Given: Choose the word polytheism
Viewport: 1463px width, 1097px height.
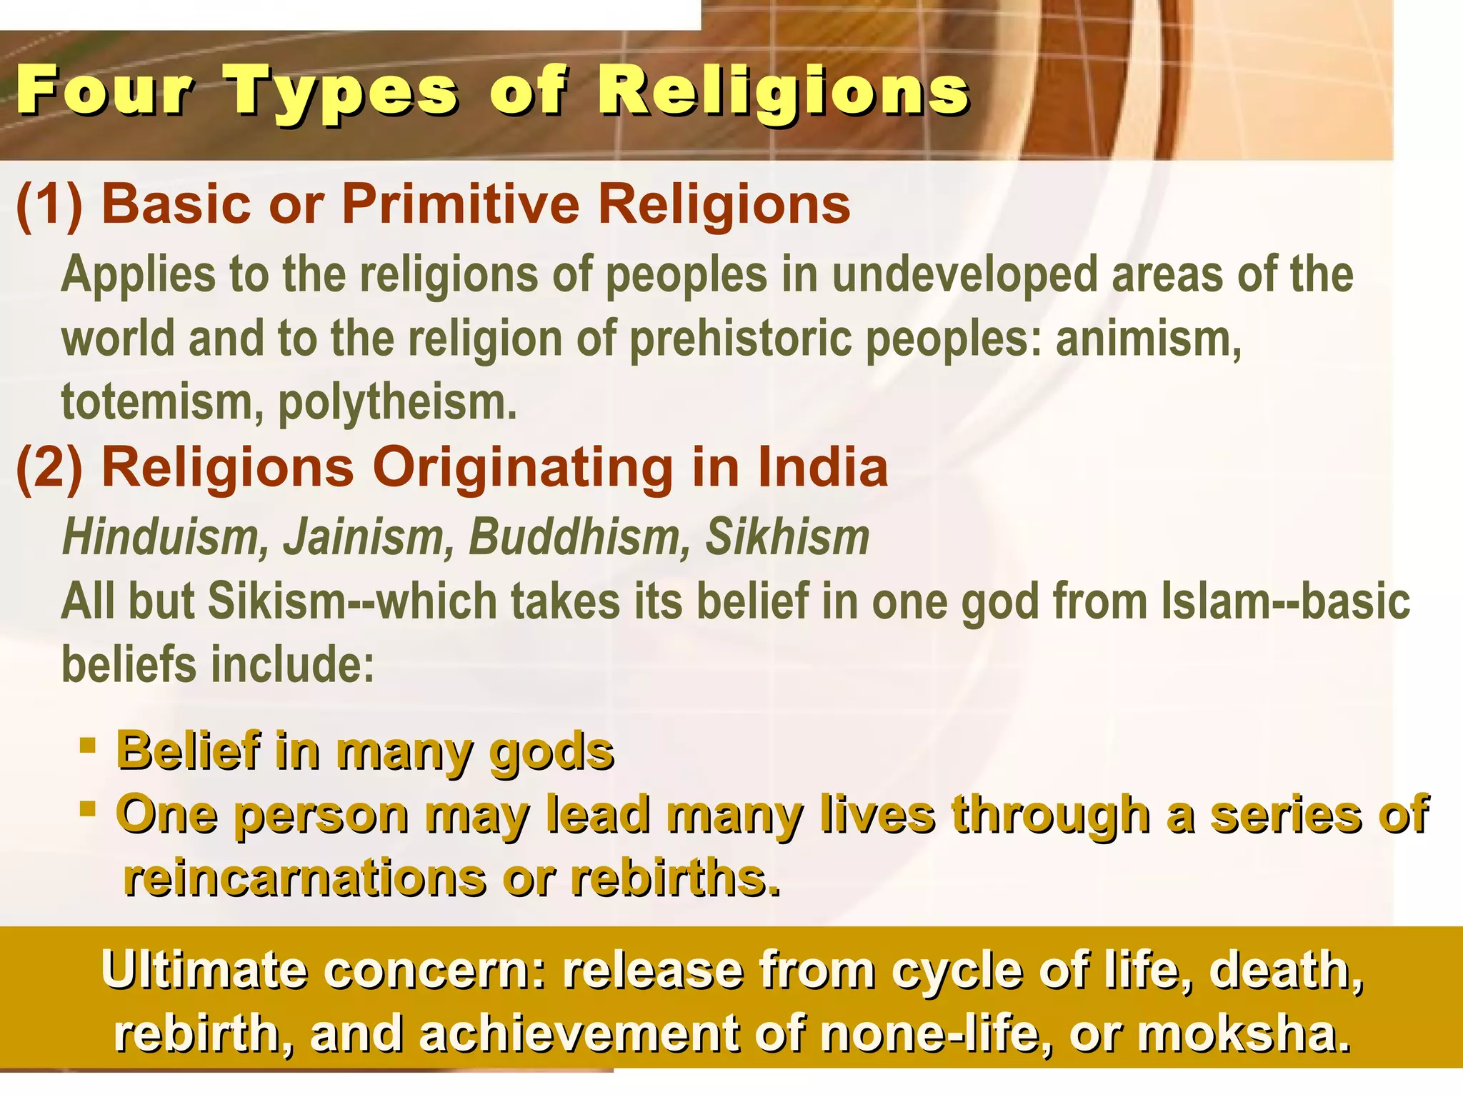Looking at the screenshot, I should [x=397, y=403].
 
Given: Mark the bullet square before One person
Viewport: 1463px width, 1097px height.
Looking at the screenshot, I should [x=88, y=809].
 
